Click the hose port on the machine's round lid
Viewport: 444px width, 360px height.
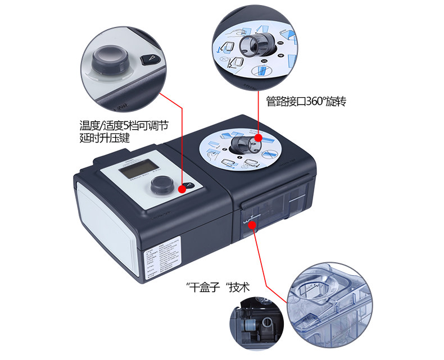tap(243, 144)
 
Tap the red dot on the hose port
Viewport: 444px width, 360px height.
tap(257, 138)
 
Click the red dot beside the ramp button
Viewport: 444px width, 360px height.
tap(182, 190)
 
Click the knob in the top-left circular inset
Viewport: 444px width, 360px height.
tap(110, 58)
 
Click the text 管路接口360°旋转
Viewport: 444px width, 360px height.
tap(307, 102)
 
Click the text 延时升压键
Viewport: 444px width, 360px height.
tap(104, 136)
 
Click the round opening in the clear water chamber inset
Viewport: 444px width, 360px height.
tap(316, 290)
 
